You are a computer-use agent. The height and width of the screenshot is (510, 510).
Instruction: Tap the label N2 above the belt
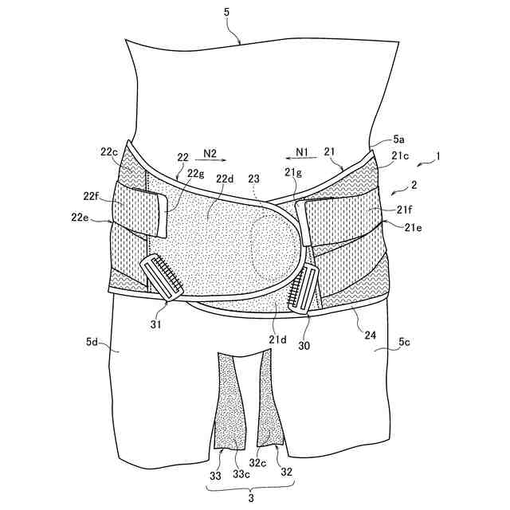point(210,151)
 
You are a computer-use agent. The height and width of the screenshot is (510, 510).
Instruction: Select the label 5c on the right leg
point(406,346)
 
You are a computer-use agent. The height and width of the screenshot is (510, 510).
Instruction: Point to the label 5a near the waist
point(402,140)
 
